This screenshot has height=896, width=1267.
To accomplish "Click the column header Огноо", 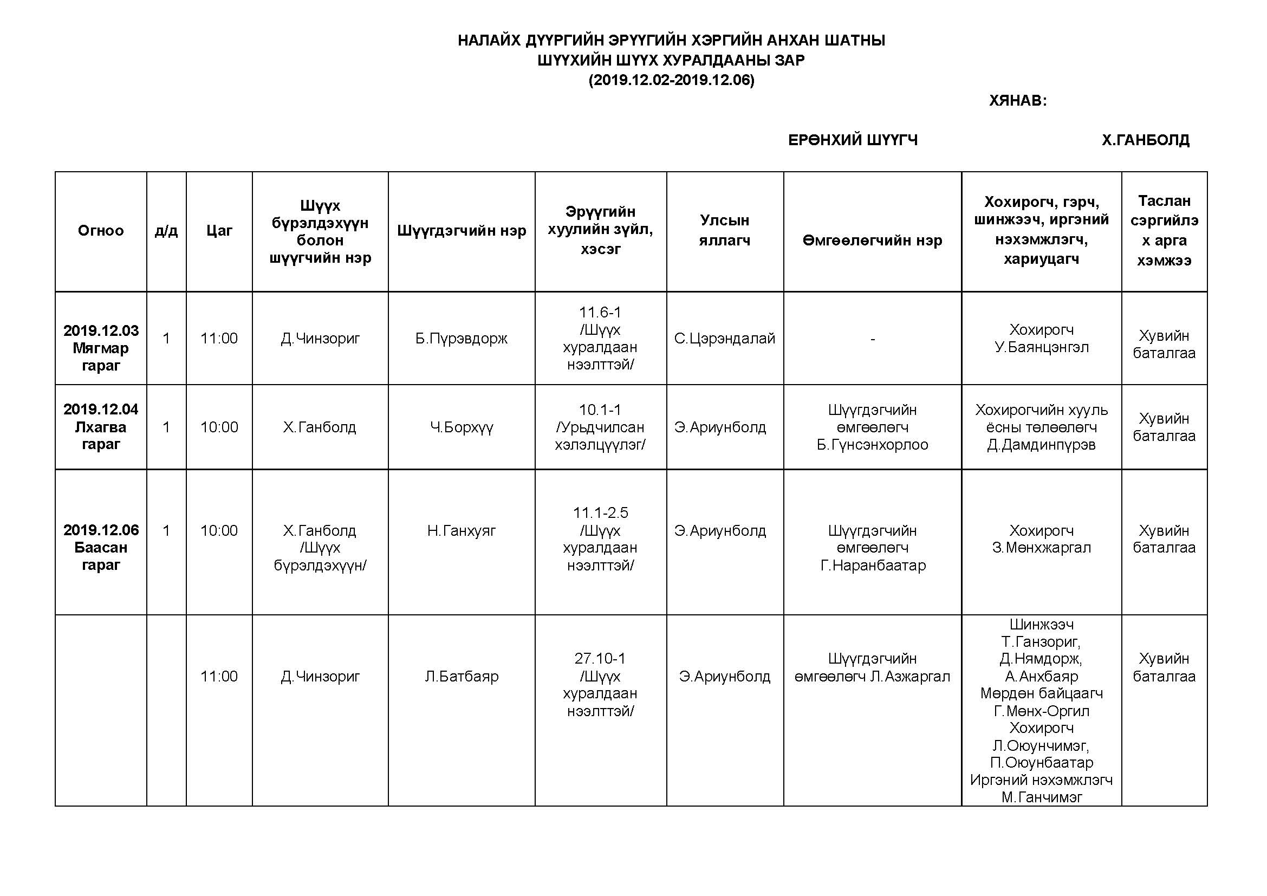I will [100, 231].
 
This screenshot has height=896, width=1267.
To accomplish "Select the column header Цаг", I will [219, 231].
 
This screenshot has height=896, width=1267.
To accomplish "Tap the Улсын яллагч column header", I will [725, 230].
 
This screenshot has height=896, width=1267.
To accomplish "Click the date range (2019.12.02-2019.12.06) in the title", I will [671, 80].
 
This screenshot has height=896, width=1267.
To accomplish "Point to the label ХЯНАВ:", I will [1018, 100].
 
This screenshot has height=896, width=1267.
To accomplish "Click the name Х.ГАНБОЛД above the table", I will [1146, 140].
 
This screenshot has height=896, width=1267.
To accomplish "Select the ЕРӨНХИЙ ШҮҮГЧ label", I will [853, 140].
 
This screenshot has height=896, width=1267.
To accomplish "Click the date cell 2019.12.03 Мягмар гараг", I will [100, 348].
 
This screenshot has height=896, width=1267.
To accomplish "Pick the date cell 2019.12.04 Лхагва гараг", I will [100, 426].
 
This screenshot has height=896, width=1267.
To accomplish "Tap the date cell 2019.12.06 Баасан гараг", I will [100, 547].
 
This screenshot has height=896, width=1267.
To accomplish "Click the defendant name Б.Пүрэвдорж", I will [462, 338].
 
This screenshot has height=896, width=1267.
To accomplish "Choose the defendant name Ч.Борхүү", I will [462, 427].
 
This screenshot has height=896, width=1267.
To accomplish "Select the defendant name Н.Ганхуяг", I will [462, 530].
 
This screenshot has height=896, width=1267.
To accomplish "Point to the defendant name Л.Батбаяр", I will [462, 676].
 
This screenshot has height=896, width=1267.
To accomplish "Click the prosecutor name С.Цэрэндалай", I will [725, 338].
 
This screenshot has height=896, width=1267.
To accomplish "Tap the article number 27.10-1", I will [600, 658].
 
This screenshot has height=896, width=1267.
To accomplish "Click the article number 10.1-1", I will [600, 410].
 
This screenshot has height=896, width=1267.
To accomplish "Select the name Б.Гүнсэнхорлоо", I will [872, 444].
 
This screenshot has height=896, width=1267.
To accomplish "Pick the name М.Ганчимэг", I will [1041, 797].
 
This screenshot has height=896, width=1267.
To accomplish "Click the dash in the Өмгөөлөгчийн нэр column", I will [872, 339].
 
